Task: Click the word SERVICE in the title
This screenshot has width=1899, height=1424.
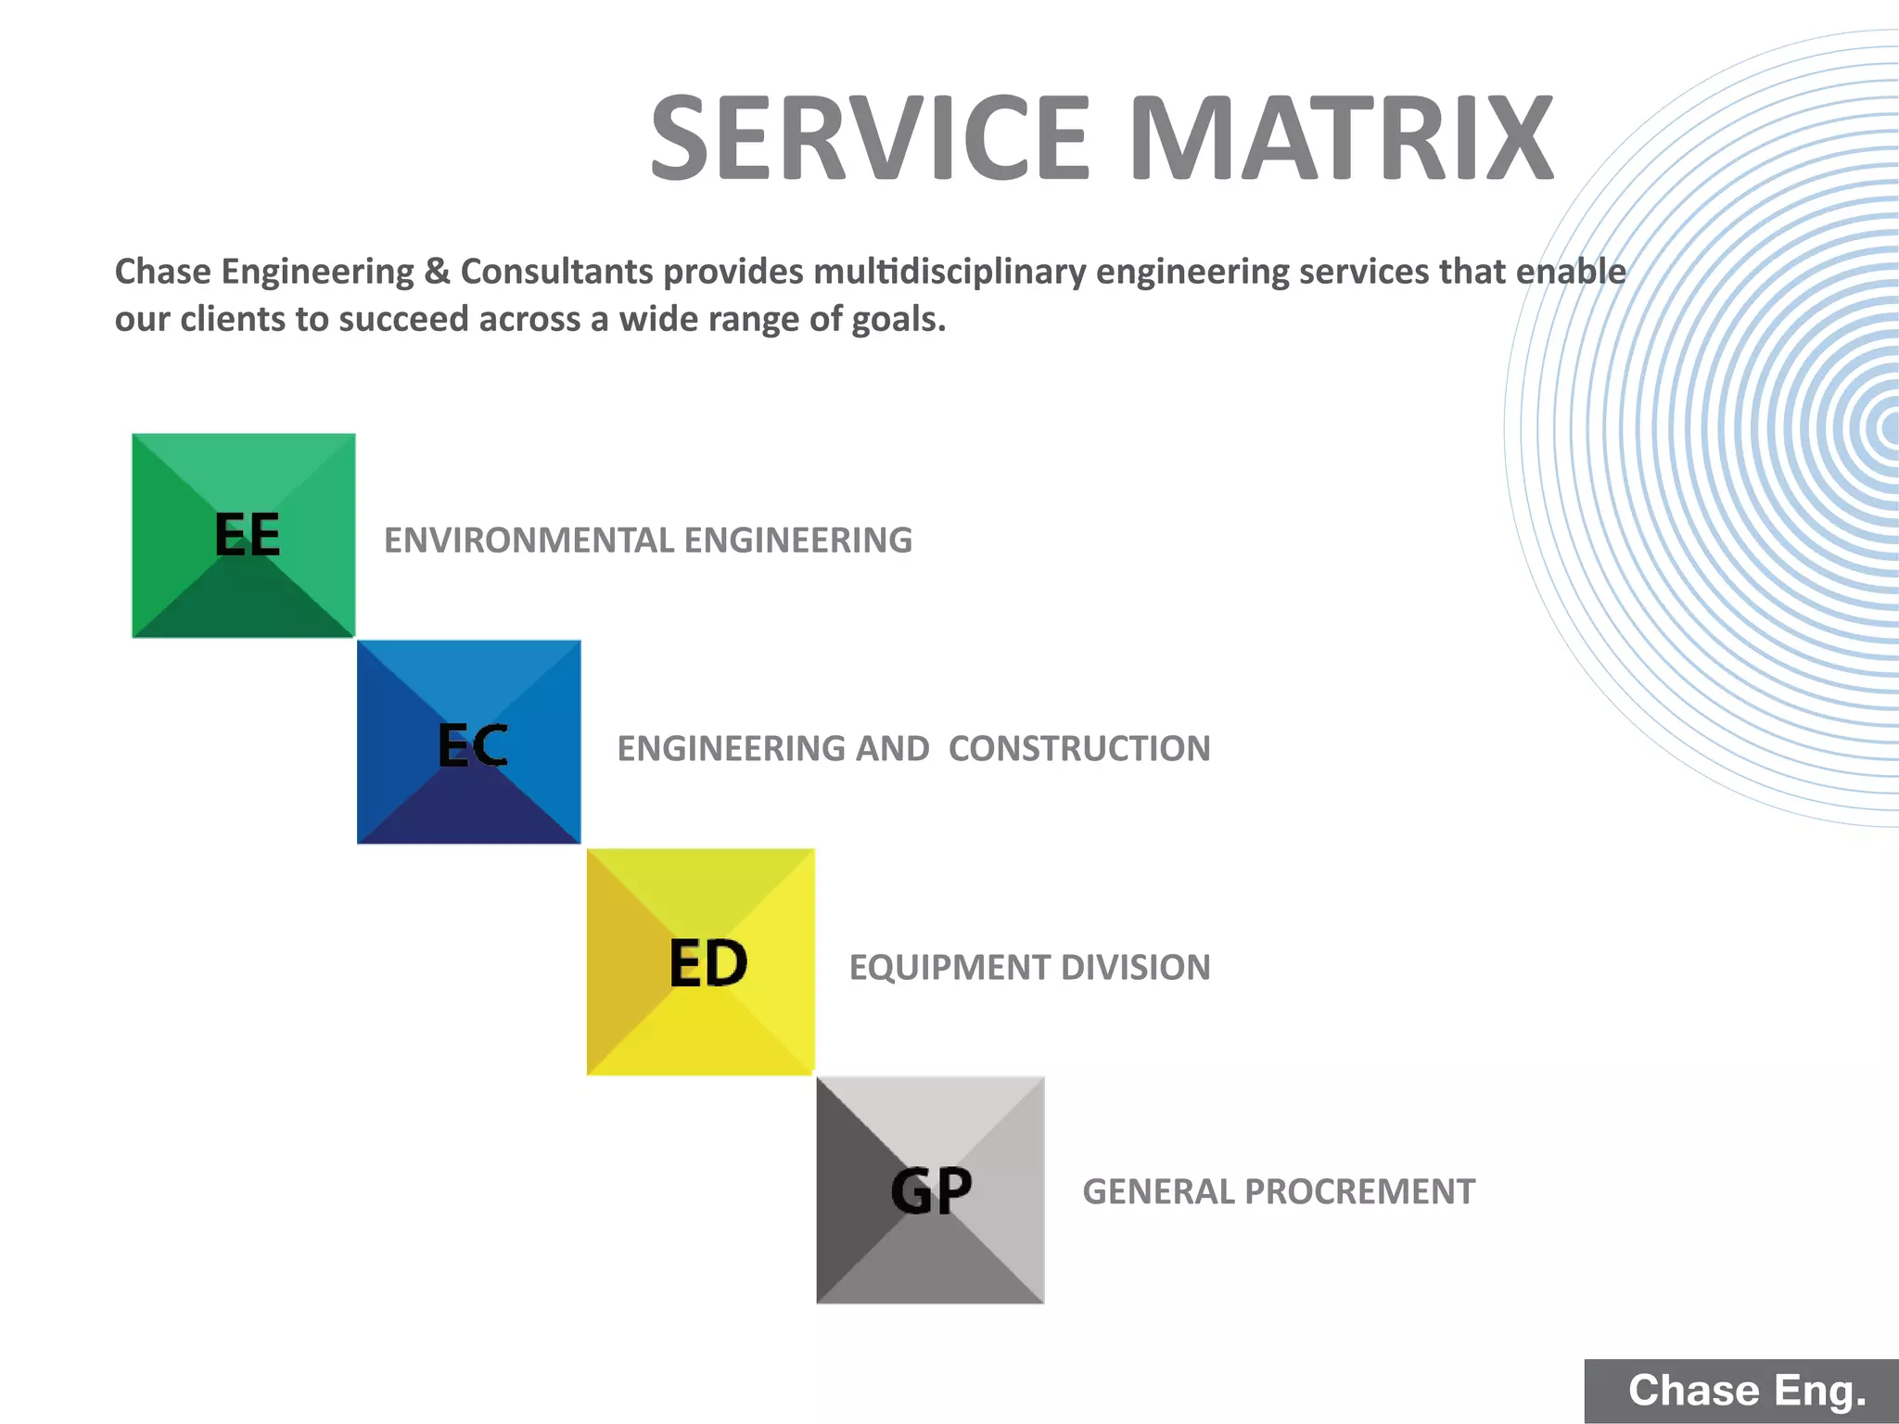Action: tap(870, 139)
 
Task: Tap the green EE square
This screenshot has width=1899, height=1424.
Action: tap(244, 536)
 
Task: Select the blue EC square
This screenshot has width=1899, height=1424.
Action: tap(469, 743)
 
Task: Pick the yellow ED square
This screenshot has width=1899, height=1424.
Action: tap(701, 962)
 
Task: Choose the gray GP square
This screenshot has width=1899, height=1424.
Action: tap(930, 1190)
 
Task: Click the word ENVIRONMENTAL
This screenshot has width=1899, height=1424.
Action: tap(529, 540)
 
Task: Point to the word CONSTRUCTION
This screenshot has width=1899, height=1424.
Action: tap(1079, 749)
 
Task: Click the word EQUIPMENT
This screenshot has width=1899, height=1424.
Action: tap(949, 968)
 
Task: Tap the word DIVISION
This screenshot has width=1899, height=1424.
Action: tap(1136, 968)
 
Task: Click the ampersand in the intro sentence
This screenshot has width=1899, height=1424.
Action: tap(437, 272)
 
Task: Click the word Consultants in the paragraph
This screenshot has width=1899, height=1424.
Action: tap(557, 272)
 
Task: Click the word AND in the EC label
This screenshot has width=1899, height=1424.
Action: tap(892, 749)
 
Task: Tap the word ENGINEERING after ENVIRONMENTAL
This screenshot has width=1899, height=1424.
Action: tap(797, 540)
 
